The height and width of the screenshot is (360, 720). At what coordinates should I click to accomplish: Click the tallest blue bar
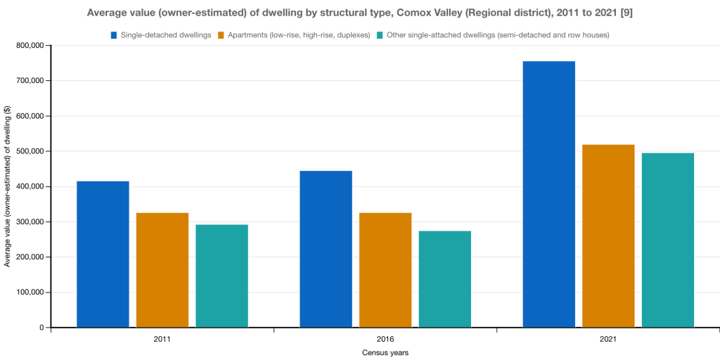click(548, 194)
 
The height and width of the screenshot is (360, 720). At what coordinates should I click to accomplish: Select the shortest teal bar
click(445, 278)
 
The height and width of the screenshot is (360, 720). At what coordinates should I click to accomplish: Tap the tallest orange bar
click(608, 236)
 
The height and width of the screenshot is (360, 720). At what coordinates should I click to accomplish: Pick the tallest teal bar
click(668, 240)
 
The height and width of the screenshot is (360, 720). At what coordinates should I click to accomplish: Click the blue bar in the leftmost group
click(103, 254)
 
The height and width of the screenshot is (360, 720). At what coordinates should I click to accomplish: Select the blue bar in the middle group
click(326, 248)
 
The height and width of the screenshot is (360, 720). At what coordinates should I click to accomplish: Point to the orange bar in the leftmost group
click(162, 269)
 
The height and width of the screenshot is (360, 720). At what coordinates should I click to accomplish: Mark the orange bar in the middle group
click(385, 269)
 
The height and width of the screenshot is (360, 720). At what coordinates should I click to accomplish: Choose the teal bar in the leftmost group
click(221, 276)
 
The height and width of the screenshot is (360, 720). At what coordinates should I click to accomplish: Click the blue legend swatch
click(114, 35)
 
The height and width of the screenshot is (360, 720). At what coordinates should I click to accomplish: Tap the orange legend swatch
click(221, 35)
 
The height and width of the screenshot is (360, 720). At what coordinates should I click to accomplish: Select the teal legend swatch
click(380, 35)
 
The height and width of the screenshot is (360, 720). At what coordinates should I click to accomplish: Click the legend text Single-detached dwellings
click(166, 35)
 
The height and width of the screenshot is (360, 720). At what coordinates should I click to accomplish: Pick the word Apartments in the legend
click(247, 35)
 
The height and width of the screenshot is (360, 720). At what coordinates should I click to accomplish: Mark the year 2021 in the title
click(604, 13)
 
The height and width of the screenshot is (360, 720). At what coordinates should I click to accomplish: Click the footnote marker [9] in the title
click(626, 13)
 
